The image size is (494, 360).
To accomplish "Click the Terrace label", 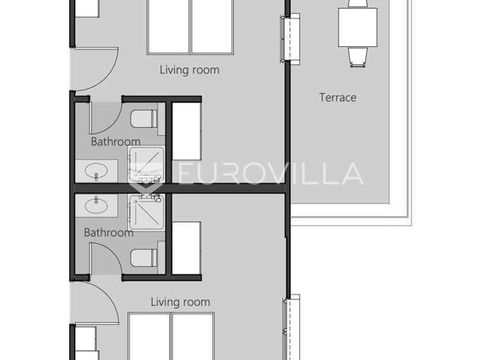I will click(x=338, y=98).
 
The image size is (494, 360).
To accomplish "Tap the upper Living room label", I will click(x=189, y=70).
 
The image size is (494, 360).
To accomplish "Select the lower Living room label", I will click(x=180, y=301).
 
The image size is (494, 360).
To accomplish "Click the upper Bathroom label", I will click(x=115, y=141).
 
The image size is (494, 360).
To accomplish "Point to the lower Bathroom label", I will click(x=109, y=233).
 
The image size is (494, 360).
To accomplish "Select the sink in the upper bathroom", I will click(x=98, y=172).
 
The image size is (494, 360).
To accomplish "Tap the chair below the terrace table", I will click(x=358, y=57).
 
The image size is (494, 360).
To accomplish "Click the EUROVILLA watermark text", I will click(x=270, y=174).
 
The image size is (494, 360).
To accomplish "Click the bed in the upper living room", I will click(x=190, y=27).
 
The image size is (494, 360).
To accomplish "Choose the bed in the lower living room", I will click(x=171, y=336).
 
